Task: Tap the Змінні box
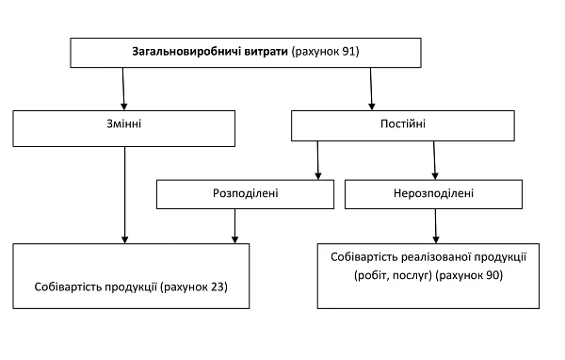124,124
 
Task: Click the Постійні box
402,124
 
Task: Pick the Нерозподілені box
434,194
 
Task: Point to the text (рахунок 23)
195,285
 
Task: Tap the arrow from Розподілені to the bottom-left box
234,225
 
